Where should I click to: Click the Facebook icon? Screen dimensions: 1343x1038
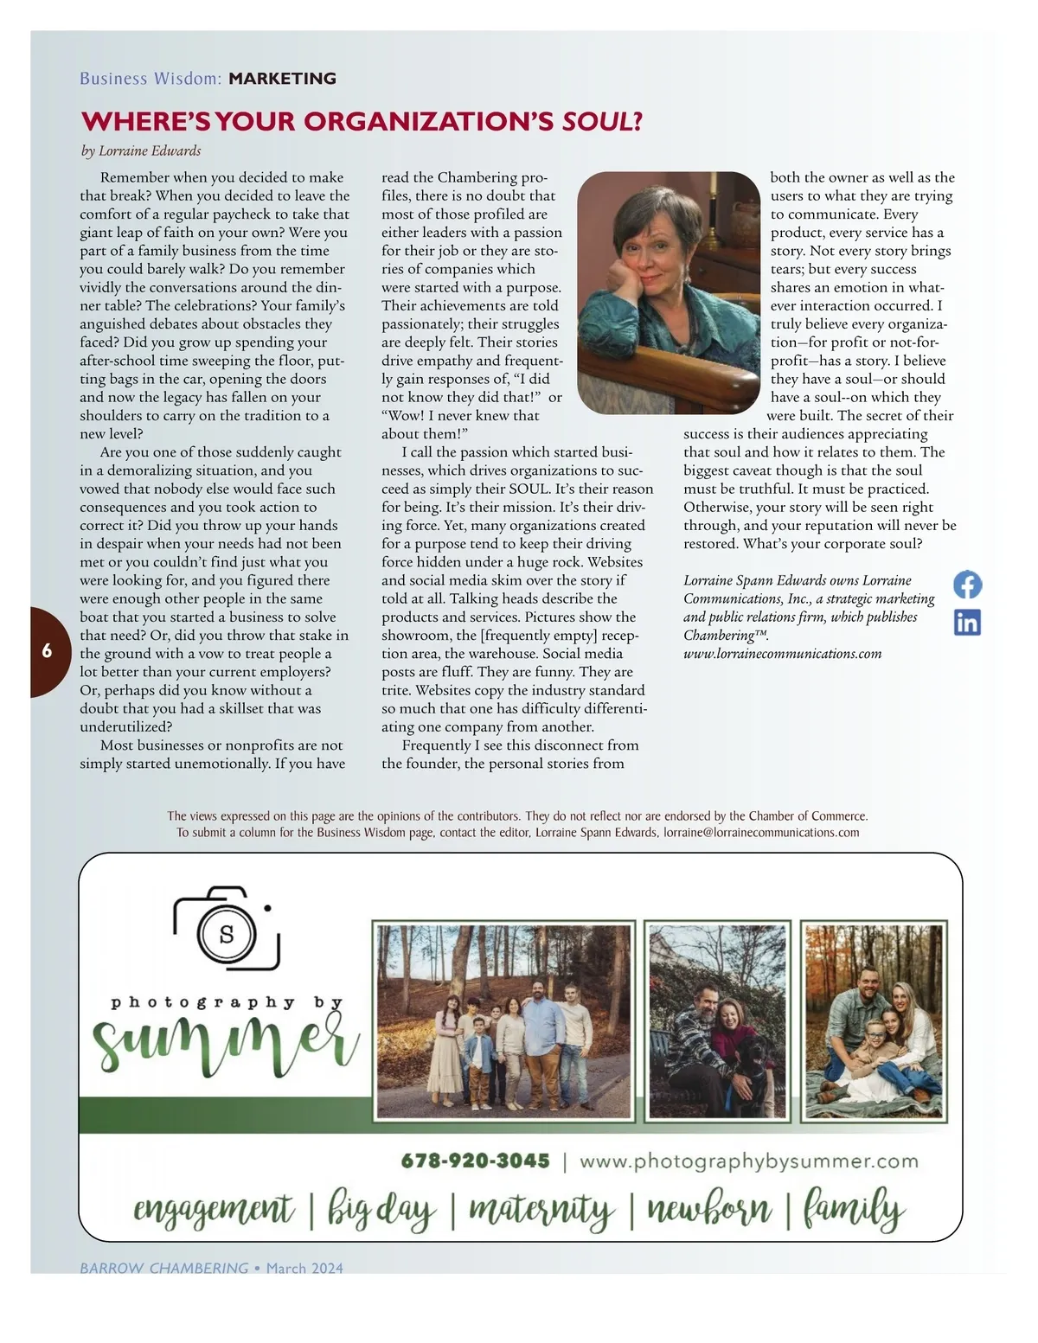[967, 585]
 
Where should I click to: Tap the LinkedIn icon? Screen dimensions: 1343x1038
[967, 622]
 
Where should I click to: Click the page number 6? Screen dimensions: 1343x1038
[47, 651]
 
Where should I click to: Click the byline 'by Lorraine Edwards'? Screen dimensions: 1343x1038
[140, 151]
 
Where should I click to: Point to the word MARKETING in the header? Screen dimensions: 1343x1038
[282, 79]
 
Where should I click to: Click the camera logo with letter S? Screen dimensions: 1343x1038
[227, 931]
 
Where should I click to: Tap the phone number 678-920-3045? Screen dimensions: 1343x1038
[475, 1161]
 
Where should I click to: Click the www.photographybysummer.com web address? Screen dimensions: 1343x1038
[748, 1161]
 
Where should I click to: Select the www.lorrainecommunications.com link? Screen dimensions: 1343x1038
[782, 654]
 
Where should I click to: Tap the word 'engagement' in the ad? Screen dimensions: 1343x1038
[214, 1209]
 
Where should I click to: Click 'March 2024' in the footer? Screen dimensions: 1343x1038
[304, 1268]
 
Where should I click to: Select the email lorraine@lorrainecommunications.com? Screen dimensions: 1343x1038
[761, 833]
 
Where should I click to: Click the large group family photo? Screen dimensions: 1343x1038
[504, 1020]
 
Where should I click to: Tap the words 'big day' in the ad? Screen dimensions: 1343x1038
[381, 1209]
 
